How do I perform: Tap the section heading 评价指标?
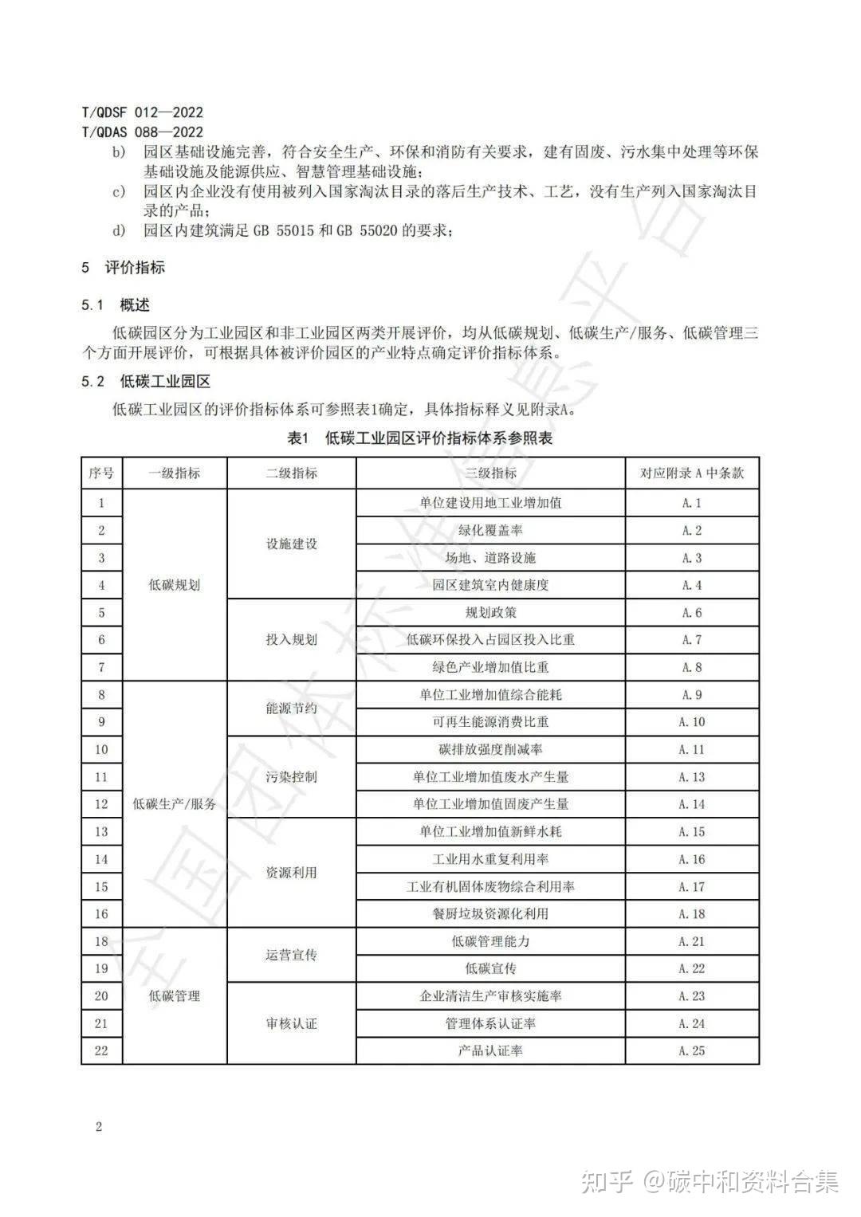135,268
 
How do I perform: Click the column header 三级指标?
490,473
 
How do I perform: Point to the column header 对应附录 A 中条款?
692,473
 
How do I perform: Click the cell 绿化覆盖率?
490,531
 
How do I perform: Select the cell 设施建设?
291,544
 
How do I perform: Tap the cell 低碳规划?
175,585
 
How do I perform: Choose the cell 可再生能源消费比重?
490,722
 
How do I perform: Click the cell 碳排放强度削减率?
490,749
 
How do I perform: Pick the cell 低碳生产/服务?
175,804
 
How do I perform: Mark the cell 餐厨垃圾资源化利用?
490,914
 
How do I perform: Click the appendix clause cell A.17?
692,886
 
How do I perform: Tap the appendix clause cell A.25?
692,1050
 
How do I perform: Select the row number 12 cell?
101,804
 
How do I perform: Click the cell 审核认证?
291,1023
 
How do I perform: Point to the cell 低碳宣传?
490,968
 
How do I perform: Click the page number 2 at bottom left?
99,1126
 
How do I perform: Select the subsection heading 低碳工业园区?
165,382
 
